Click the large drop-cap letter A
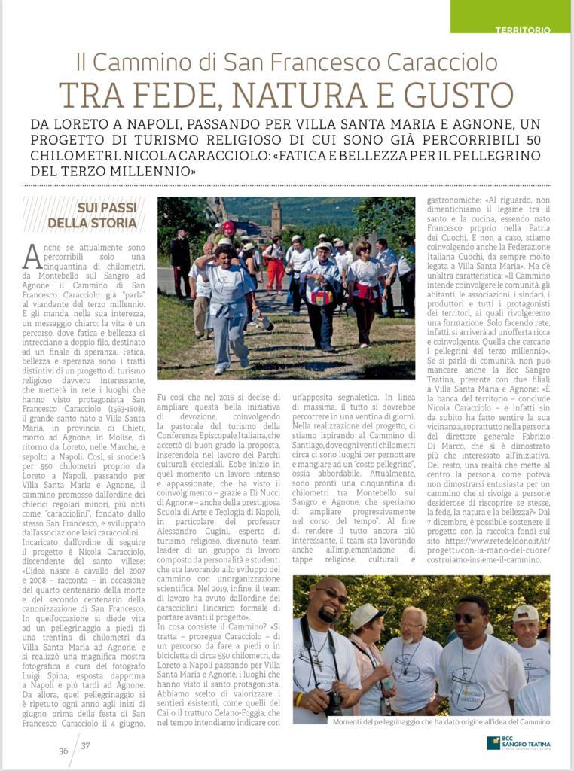(32, 257)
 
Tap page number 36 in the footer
(64, 750)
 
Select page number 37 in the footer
(85, 746)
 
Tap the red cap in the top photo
(228, 226)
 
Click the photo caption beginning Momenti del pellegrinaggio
(441, 721)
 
